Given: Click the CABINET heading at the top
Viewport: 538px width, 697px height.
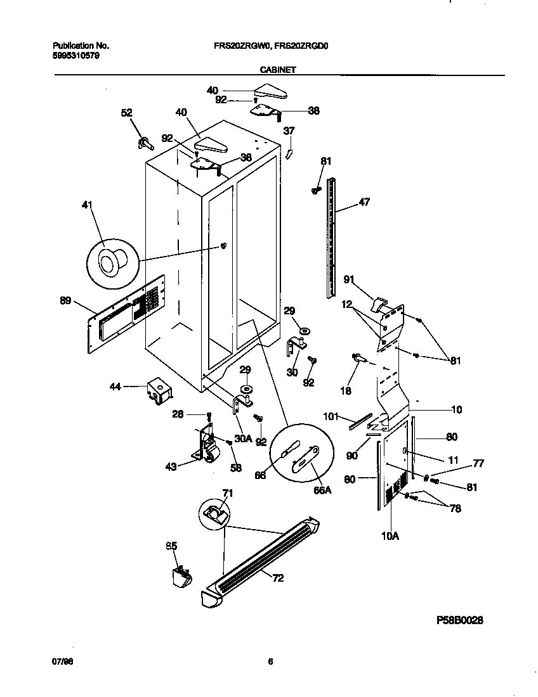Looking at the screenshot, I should click(278, 70).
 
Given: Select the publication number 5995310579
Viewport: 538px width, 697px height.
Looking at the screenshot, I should click(75, 55).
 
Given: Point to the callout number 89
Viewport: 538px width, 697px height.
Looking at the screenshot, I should click(66, 302).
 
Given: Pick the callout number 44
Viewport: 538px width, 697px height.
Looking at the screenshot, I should click(115, 385).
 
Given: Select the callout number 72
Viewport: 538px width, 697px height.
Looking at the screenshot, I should click(278, 578).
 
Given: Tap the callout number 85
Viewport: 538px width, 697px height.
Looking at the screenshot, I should click(171, 546).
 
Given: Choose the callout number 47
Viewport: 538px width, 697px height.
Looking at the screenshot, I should click(364, 203).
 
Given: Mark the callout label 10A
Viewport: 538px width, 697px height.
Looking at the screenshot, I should click(390, 535).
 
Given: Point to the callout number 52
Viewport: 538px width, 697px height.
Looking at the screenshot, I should click(127, 113).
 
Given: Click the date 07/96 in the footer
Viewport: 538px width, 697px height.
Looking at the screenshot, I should click(60, 661).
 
